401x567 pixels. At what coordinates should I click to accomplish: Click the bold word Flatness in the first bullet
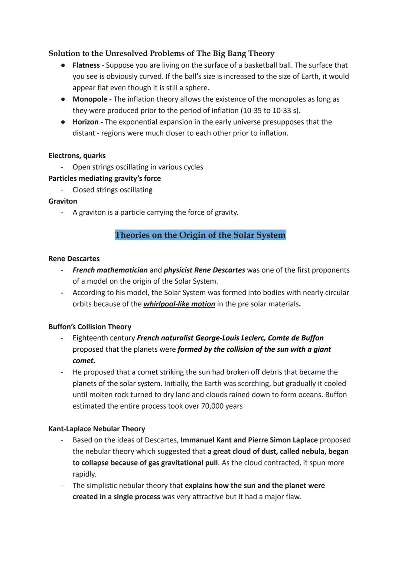pyautogui.click(x=86, y=65)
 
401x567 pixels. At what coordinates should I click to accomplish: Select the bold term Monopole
pyautogui.click(x=90, y=99)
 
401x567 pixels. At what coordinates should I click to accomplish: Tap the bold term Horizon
pyautogui.click(x=85, y=122)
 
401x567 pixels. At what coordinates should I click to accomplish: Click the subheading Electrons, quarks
pyautogui.click(x=77, y=156)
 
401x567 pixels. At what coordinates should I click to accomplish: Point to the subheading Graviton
pyautogui.click(x=63, y=201)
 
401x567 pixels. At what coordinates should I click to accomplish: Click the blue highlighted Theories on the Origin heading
pyautogui.click(x=200, y=235)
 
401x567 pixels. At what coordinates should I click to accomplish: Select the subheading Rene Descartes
pyautogui.click(x=74, y=259)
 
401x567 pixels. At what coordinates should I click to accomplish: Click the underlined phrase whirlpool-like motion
pyautogui.click(x=179, y=304)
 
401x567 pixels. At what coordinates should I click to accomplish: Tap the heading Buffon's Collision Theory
pyautogui.click(x=90, y=327)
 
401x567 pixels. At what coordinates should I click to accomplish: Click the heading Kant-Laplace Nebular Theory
pyautogui.click(x=97, y=429)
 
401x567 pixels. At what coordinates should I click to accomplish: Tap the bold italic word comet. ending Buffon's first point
pyautogui.click(x=84, y=361)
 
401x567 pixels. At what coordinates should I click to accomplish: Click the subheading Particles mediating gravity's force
pyautogui.click(x=104, y=178)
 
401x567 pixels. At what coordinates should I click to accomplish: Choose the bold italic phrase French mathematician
pyautogui.click(x=110, y=270)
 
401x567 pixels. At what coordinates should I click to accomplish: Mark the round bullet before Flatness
pyautogui.click(x=63, y=65)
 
